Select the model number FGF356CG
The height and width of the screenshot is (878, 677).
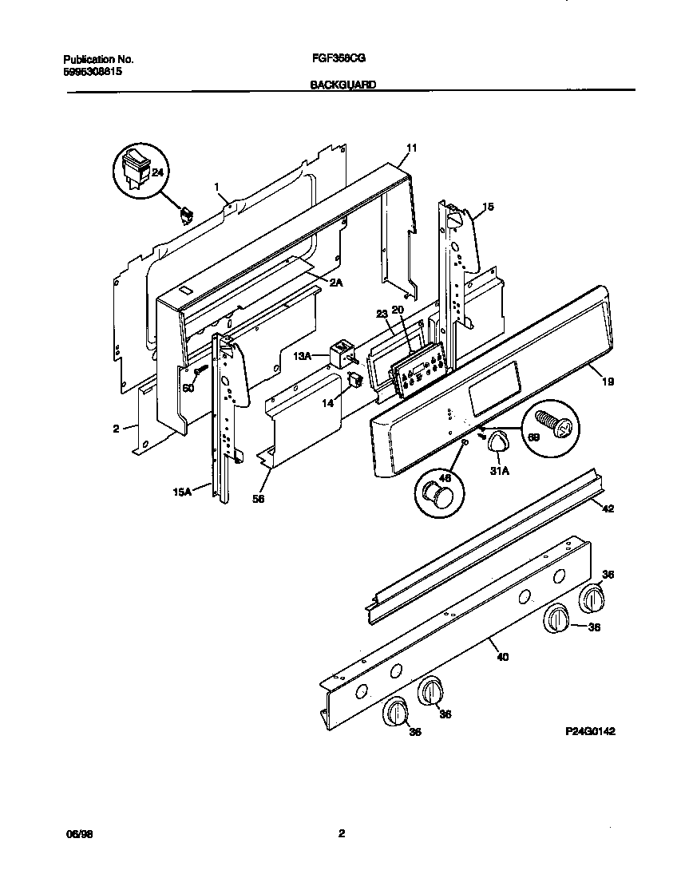click(x=338, y=59)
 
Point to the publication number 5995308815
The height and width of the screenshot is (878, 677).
click(x=93, y=71)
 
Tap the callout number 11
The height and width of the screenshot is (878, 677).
click(x=411, y=148)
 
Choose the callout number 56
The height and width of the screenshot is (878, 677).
click(x=258, y=499)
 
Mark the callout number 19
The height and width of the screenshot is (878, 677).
click(x=608, y=382)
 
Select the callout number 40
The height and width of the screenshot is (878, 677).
click(x=502, y=657)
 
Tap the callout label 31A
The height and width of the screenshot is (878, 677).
click(x=500, y=472)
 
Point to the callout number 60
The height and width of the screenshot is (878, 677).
click(x=188, y=388)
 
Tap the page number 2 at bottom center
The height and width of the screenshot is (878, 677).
click(x=341, y=834)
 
